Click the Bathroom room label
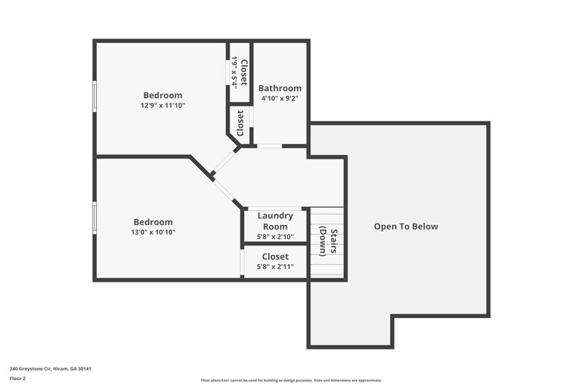(x=280, y=88)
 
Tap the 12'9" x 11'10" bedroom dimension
(x=163, y=106)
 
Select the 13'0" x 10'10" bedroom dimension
(x=153, y=232)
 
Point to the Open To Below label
(x=406, y=226)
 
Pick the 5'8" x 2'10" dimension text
(x=275, y=237)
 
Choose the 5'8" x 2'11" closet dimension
(x=275, y=267)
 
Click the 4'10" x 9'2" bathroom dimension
(x=280, y=98)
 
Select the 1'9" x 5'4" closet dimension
(x=235, y=72)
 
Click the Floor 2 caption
(x=17, y=379)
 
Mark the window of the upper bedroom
(x=94, y=95)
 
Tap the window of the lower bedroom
(x=94, y=217)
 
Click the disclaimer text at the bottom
(x=291, y=380)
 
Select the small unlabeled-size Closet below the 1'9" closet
(x=240, y=123)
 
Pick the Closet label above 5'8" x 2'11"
(x=275, y=257)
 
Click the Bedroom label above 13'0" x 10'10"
(x=153, y=222)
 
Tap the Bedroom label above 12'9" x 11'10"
(x=163, y=95)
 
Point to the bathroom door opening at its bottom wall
(x=270, y=146)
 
